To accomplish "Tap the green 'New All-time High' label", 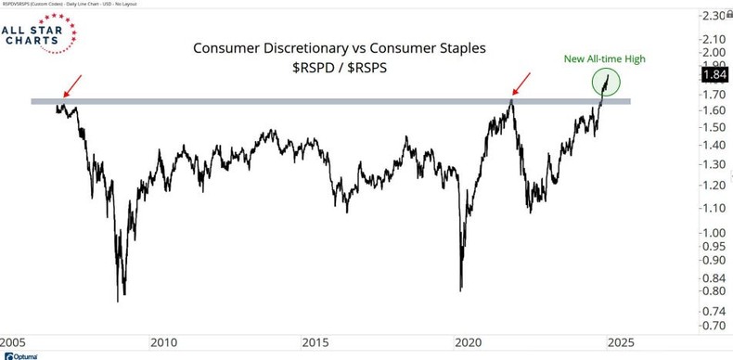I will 604,59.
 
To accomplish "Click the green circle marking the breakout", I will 609,84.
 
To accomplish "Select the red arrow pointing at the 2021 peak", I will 522,85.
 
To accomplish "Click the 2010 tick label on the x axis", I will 164,341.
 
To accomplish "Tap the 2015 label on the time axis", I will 316,341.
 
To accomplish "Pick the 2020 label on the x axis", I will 469,341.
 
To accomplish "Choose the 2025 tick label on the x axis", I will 621,341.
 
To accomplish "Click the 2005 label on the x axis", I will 13,341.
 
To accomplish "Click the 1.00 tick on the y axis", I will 713,232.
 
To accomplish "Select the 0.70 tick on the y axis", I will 713,326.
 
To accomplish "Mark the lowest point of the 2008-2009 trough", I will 119,301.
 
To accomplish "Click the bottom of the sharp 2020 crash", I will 460,289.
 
